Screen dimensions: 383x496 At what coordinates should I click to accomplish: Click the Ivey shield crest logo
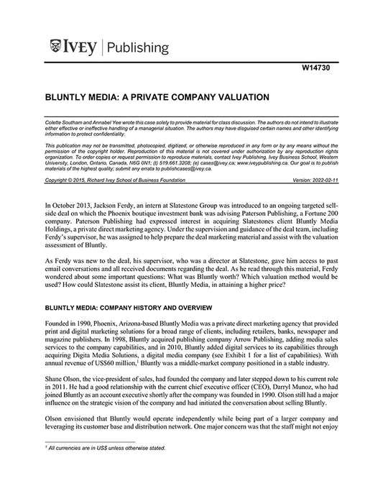click(x=55, y=47)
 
